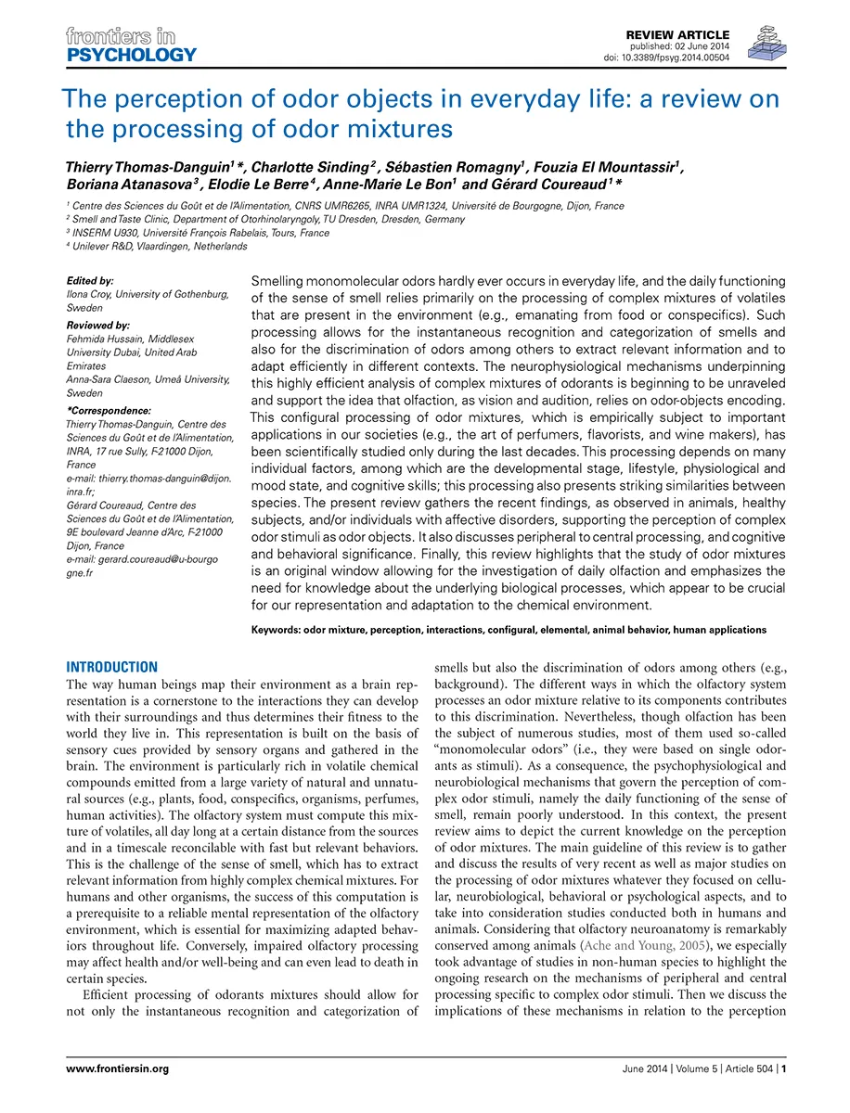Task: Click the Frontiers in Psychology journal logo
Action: [x=131, y=45]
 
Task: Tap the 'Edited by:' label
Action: [x=91, y=279]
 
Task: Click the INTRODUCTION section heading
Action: [x=112, y=667]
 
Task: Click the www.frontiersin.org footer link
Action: [x=118, y=1068]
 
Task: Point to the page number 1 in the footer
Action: [x=785, y=1068]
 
